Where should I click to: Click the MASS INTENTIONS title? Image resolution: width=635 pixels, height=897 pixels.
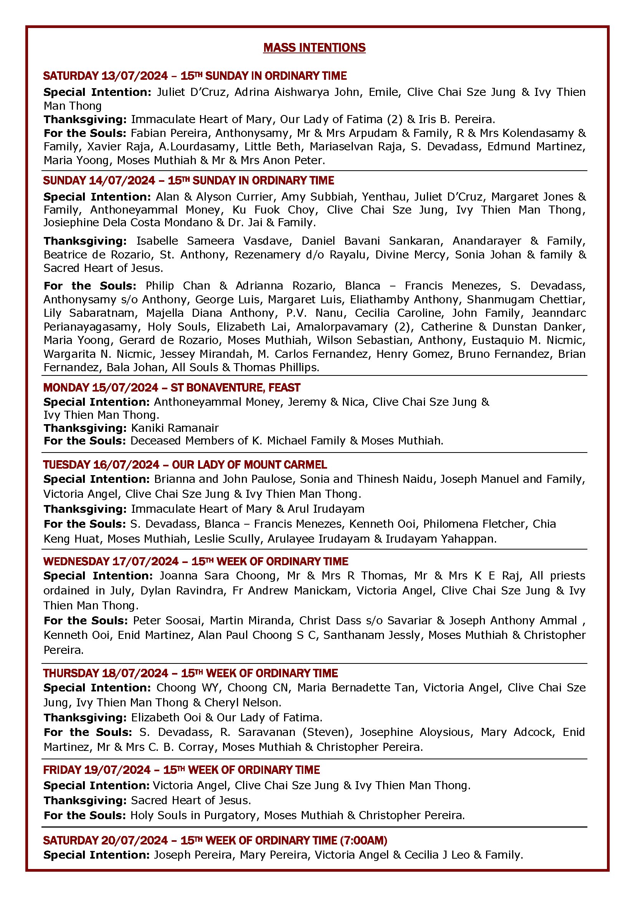[x=314, y=48]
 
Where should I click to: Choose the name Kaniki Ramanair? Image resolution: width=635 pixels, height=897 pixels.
[x=175, y=428]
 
